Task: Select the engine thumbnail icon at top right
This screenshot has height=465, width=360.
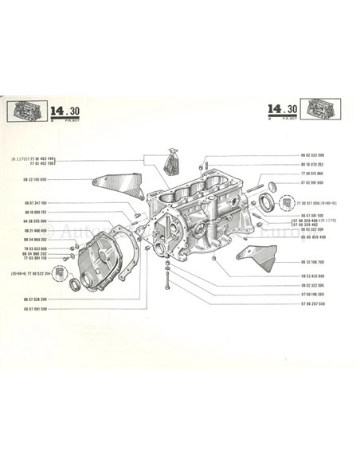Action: click(x=325, y=111)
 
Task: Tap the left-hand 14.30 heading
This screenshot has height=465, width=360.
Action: click(x=61, y=113)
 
